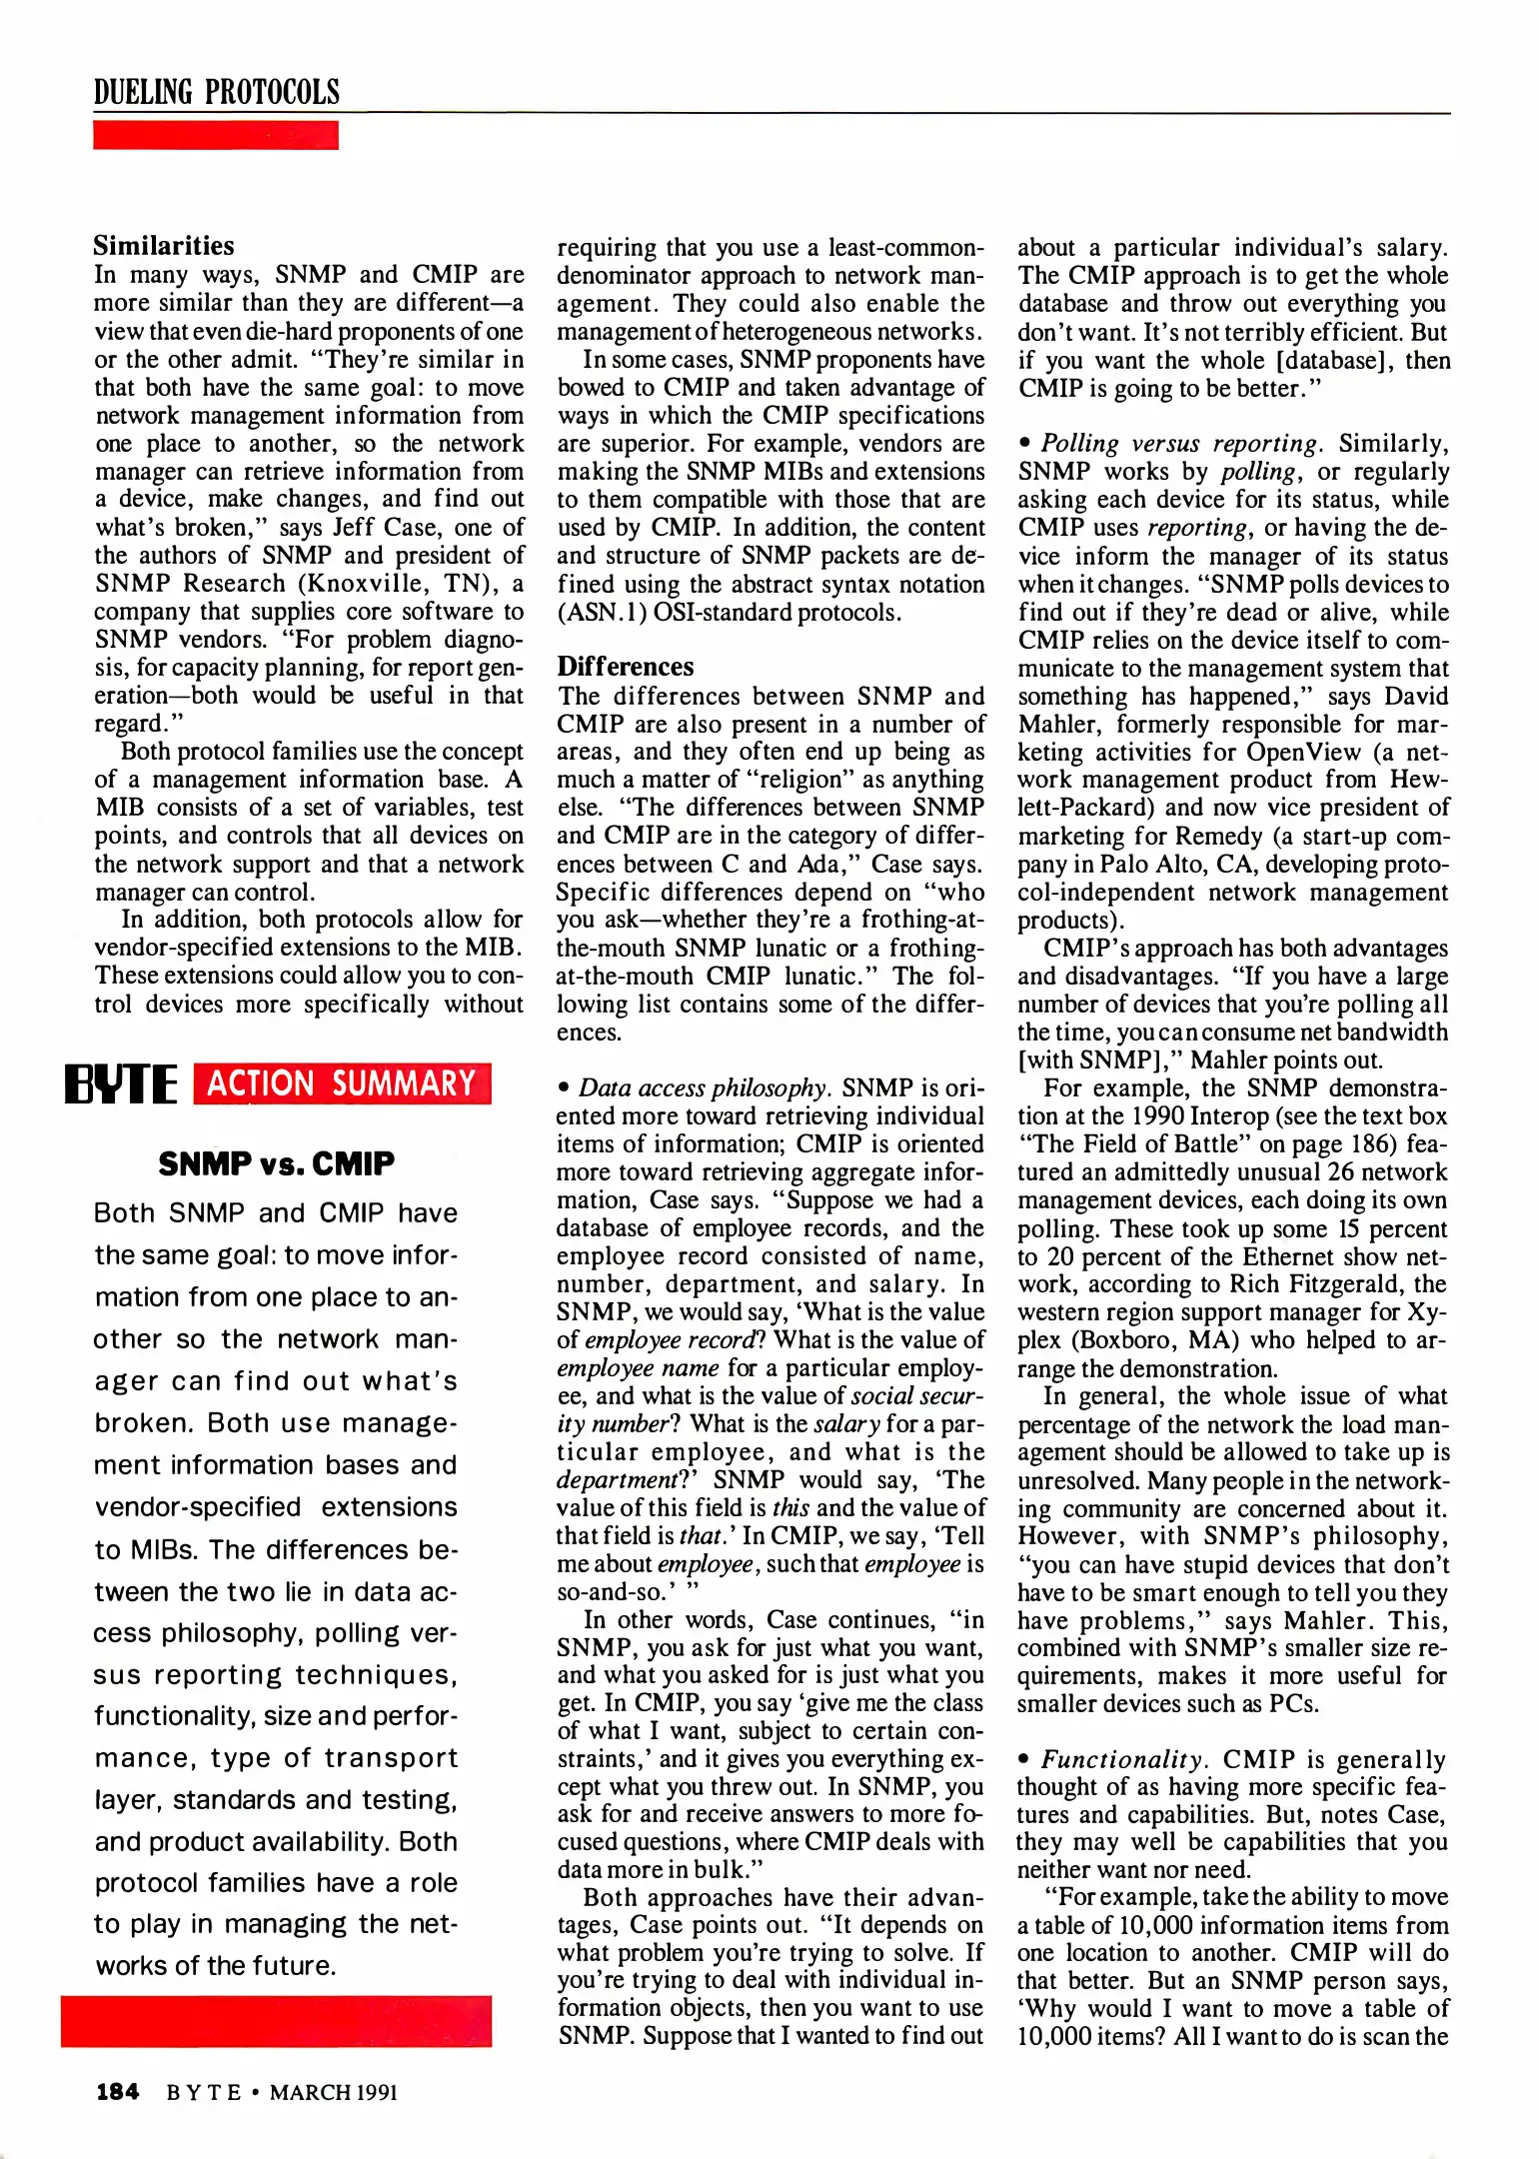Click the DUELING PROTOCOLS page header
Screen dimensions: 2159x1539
point(216,93)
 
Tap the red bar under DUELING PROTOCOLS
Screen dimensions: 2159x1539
point(216,135)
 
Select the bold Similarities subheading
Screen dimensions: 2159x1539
point(164,246)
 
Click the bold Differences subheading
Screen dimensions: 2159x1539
point(625,667)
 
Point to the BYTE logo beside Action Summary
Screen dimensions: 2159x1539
point(120,1085)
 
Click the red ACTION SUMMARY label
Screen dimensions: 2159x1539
point(342,1083)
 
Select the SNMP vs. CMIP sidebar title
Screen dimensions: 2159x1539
point(276,1163)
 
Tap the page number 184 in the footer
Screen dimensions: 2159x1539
point(117,2091)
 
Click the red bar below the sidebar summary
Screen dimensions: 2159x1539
point(276,2021)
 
